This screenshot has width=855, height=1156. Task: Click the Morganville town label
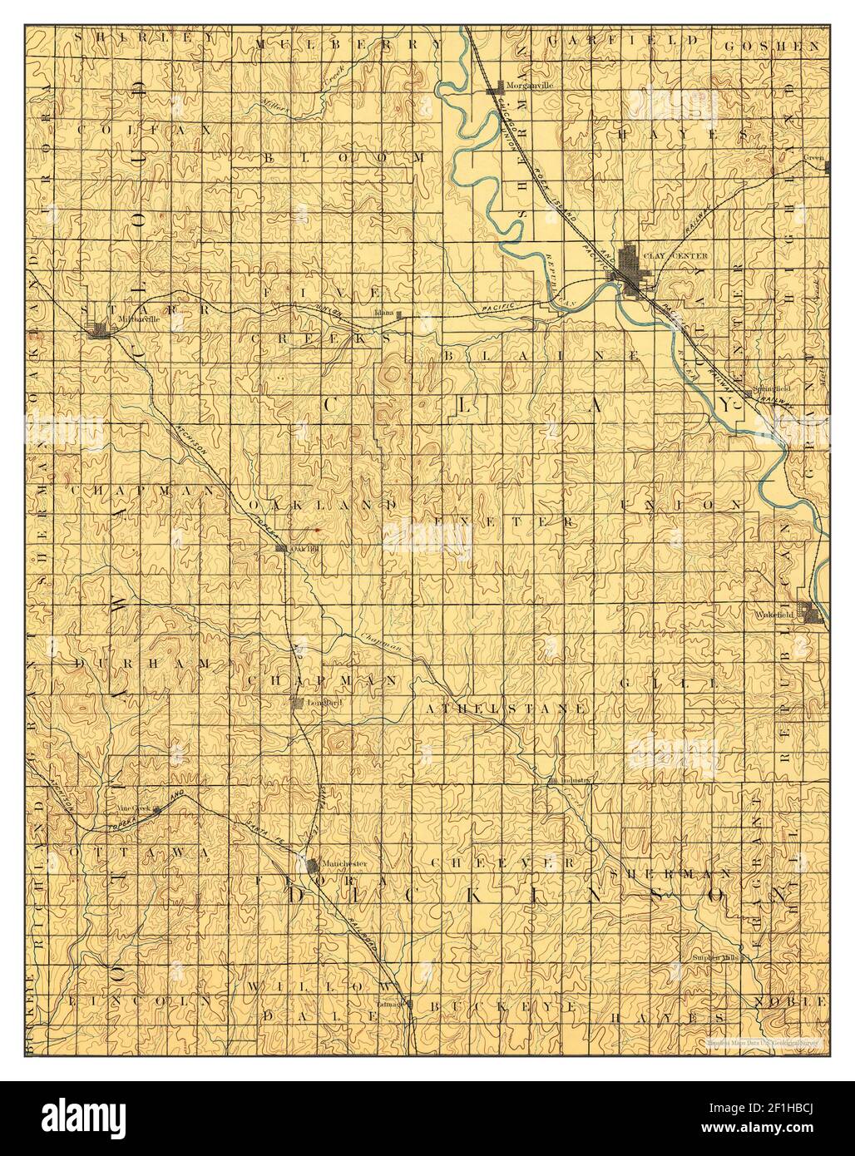click(x=530, y=86)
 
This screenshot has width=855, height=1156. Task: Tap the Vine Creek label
click(x=131, y=808)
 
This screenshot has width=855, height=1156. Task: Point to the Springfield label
click(x=770, y=388)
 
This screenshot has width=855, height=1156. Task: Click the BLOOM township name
click(x=343, y=156)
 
